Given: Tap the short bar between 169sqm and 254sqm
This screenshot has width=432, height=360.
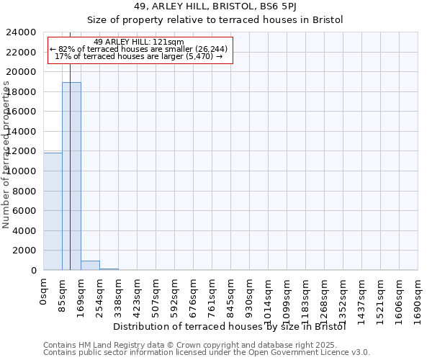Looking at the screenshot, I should click(90, 265).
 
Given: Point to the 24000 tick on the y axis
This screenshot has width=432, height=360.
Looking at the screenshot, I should click(22, 32).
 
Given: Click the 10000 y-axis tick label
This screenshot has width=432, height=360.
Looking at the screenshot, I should click(22, 171).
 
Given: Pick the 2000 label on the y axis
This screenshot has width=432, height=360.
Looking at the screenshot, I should click(25, 251).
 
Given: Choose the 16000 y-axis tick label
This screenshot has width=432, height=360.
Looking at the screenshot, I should click(22, 112).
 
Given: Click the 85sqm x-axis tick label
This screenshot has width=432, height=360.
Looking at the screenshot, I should click(63, 294).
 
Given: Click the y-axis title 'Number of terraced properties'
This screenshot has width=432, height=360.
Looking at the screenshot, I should click(6, 155).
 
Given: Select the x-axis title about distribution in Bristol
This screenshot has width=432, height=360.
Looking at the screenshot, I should click(230, 327).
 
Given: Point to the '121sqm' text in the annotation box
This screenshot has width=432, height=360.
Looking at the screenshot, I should click(170, 42).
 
